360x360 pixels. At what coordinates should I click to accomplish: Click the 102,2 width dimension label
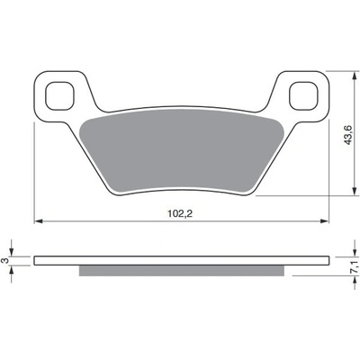180,213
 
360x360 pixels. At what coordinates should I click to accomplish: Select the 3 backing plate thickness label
5,261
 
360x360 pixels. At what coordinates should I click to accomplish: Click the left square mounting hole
59,95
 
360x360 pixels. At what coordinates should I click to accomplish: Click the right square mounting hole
303,95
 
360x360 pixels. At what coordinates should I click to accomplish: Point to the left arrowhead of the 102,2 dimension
38,221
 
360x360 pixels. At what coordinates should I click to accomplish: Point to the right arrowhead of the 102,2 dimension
325,221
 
